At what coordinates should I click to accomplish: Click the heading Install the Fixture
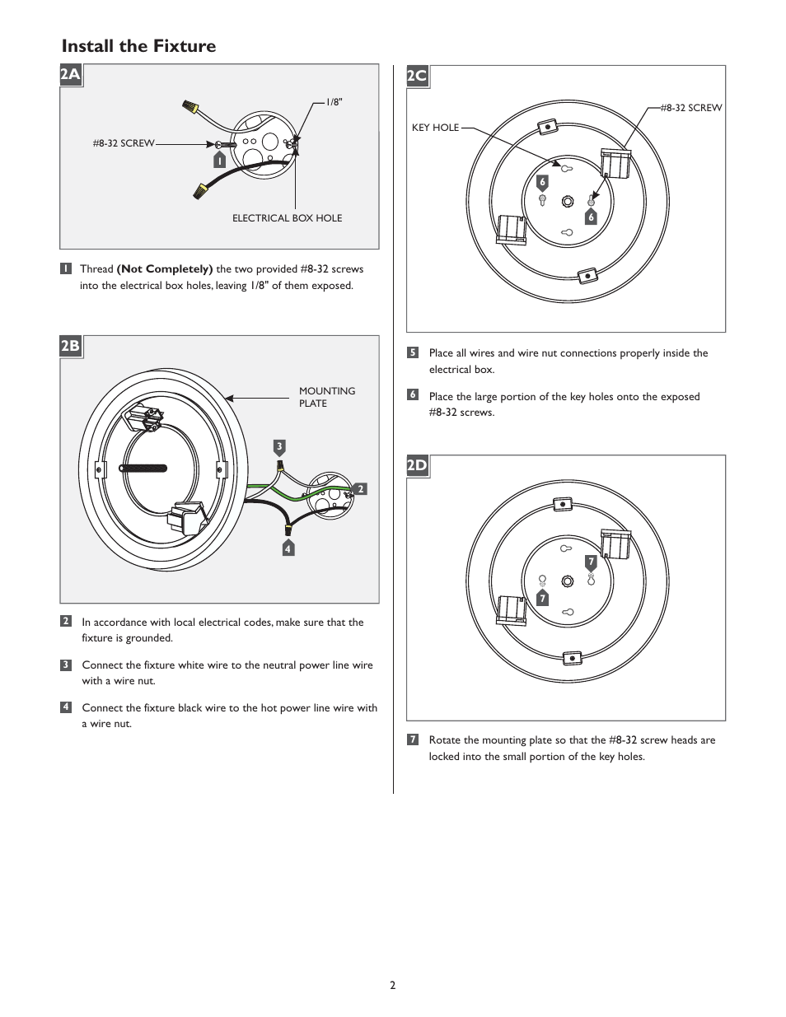tap(138, 46)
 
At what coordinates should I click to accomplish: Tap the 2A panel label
tap(71, 76)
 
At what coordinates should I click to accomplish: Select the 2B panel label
tap(71, 346)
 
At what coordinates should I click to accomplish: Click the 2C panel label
tap(418, 77)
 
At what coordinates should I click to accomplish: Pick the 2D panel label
tap(418, 466)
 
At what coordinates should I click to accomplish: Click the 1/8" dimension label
tap(334, 102)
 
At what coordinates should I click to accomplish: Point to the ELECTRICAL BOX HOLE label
tap(287, 218)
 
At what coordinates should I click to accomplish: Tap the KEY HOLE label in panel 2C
tap(435, 128)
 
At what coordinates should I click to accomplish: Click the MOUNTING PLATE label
tap(326, 397)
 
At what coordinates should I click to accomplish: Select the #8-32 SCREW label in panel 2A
tap(124, 143)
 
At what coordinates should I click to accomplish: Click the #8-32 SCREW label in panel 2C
tap(691, 108)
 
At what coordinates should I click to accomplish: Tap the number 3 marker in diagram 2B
tap(279, 447)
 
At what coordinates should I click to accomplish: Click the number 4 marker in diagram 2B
tap(288, 548)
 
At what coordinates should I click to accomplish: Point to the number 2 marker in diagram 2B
tap(360, 489)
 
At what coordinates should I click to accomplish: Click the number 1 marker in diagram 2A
tap(219, 161)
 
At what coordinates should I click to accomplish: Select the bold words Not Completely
tap(165, 269)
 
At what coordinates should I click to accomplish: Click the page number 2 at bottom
tap(393, 986)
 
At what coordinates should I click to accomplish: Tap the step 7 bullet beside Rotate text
tap(413, 739)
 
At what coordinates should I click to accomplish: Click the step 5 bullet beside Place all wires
tap(413, 352)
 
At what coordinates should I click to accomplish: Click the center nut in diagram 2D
tap(567, 581)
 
